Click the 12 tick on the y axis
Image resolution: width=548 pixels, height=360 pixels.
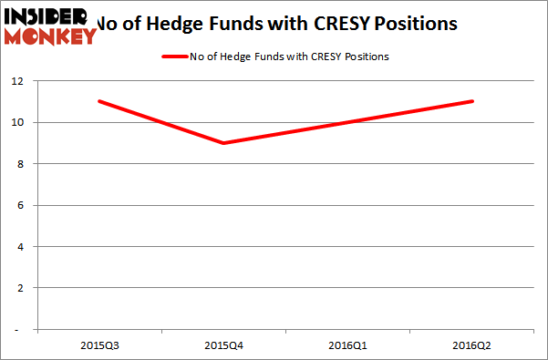point(27,81)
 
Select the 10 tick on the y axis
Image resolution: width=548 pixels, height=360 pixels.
point(27,122)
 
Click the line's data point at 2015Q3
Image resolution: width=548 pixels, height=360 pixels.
point(98,101)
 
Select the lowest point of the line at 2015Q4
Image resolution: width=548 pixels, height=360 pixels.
point(222,143)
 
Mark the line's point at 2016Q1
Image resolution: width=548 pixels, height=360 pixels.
point(347,122)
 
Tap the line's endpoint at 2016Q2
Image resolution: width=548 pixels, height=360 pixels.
point(472,101)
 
